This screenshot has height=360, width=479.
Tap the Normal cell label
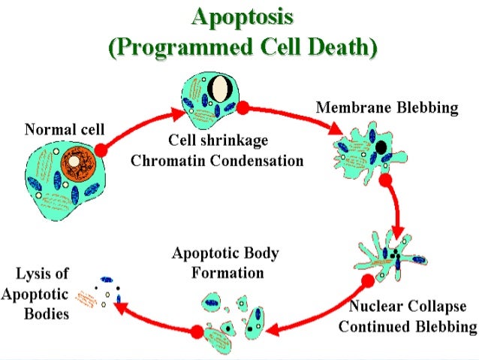click(64, 129)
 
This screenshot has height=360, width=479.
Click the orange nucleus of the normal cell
click(74, 162)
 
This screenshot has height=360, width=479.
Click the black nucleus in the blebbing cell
click(381, 147)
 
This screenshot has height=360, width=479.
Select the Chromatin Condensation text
click(217, 160)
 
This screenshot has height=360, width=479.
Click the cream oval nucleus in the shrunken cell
click(220, 88)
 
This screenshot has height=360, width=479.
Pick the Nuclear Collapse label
click(407, 307)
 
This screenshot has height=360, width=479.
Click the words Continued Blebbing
click(407, 327)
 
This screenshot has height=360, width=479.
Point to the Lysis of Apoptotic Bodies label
click(35, 293)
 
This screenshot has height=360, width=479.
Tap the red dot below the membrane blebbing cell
click(386, 180)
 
